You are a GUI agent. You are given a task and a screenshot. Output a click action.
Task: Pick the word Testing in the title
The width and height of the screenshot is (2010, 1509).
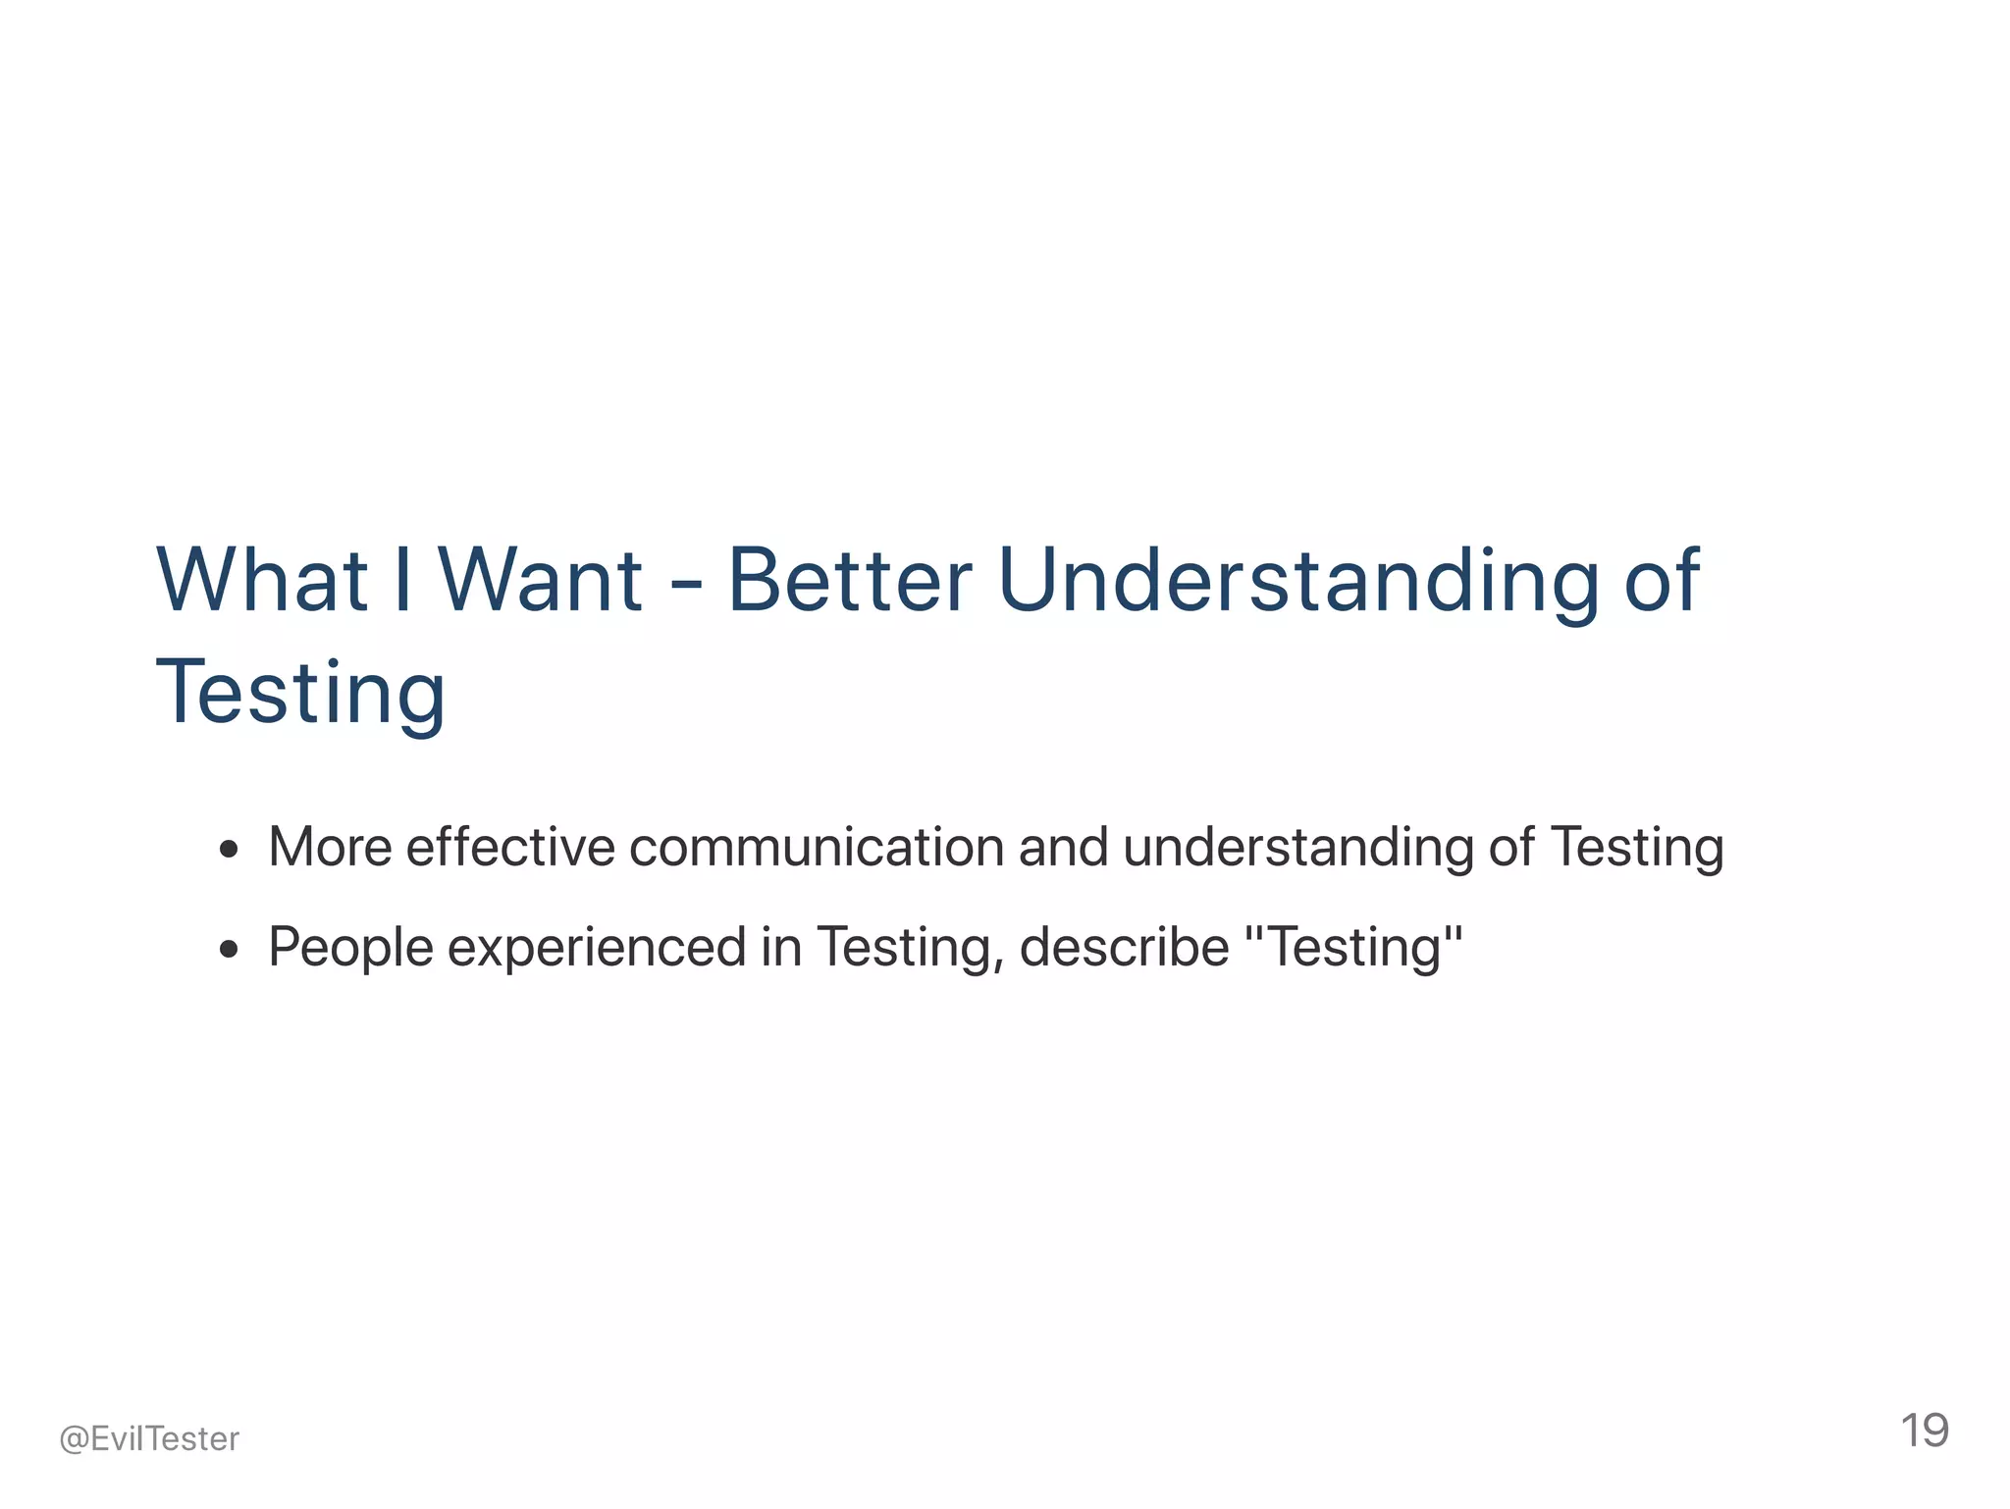(300, 694)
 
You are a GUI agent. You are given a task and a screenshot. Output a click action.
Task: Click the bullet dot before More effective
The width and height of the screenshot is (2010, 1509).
(230, 849)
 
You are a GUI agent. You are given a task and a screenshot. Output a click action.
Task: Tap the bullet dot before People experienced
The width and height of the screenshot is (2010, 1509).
(230, 949)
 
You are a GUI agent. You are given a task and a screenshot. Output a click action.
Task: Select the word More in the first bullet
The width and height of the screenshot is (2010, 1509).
(330, 847)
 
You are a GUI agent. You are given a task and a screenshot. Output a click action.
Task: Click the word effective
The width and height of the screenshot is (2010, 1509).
(510, 847)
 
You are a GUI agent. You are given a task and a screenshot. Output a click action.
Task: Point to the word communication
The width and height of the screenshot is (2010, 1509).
(817, 847)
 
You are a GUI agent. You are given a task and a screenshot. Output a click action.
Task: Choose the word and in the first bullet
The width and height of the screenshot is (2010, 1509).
(1063, 847)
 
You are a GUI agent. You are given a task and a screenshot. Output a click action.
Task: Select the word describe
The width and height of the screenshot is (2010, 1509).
(1124, 947)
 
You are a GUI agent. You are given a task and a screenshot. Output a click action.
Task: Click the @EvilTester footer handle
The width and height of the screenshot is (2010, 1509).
(149, 1439)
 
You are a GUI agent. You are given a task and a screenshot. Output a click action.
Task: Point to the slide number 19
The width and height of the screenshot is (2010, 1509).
(1924, 1431)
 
